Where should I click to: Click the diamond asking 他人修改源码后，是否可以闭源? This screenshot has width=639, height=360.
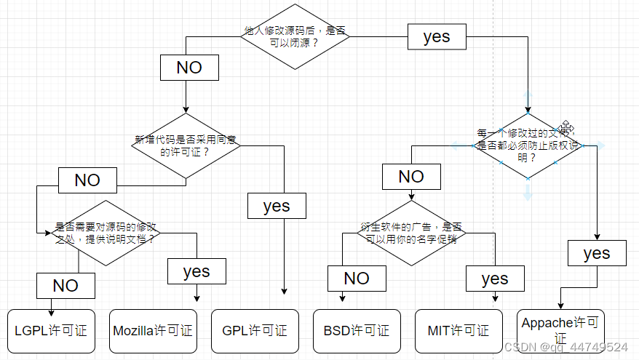click(x=295, y=36)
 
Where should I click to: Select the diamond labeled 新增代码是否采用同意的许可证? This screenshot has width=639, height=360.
click(x=186, y=145)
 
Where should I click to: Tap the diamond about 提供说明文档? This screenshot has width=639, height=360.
click(x=106, y=233)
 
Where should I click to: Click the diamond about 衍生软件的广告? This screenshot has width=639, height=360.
click(x=412, y=233)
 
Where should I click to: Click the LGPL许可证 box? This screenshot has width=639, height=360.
click(x=51, y=331)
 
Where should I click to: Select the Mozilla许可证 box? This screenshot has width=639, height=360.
click(x=153, y=331)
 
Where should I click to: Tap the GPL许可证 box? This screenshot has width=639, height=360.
click(x=255, y=331)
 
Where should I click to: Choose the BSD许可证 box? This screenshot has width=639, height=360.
click(x=357, y=331)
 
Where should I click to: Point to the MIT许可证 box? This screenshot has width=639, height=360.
click(x=459, y=331)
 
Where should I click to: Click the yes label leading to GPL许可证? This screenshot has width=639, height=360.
click(x=277, y=206)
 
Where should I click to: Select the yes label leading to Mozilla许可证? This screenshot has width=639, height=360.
click(x=197, y=271)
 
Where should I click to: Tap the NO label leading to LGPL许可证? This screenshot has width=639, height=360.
click(x=66, y=286)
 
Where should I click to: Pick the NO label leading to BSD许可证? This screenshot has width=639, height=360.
click(x=357, y=279)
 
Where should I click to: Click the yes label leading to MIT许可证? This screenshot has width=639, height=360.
click(x=495, y=279)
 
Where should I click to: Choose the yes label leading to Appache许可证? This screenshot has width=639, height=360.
click(x=597, y=253)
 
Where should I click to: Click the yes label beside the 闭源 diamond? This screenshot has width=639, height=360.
click(x=437, y=37)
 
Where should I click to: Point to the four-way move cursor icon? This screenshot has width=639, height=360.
click(x=567, y=128)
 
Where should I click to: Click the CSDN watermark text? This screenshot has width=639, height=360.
click(x=565, y=348)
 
